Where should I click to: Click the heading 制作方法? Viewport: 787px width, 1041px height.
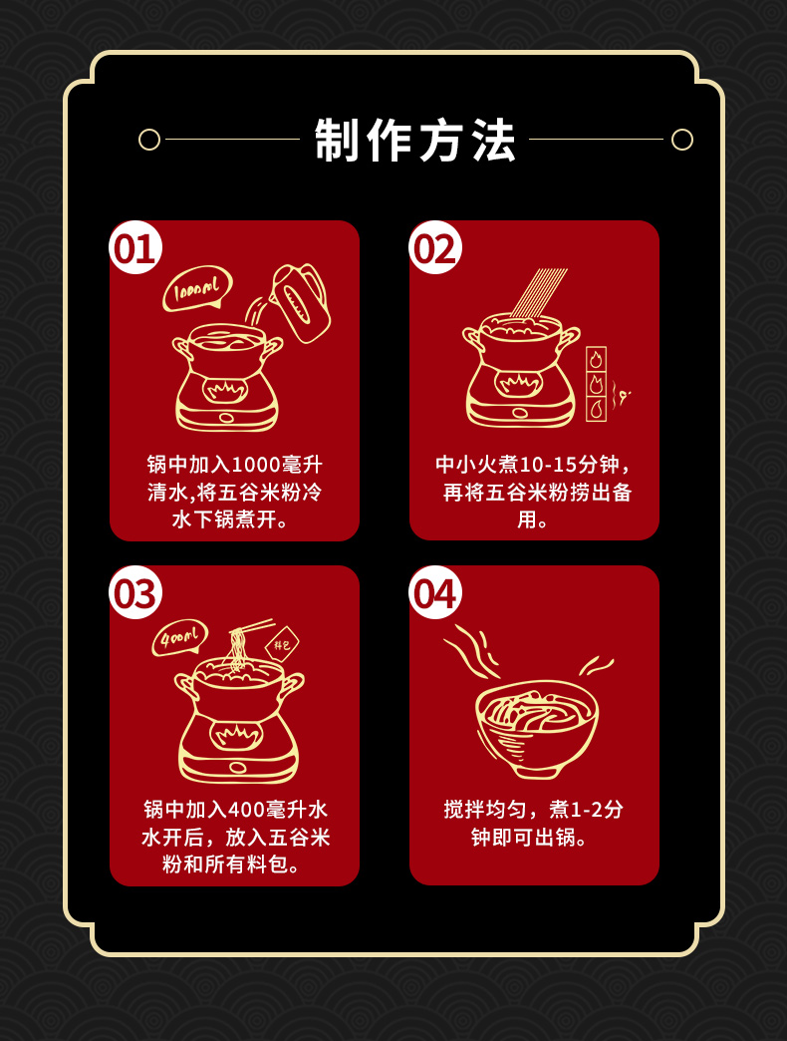[415, 140]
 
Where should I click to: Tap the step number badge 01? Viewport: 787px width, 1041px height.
[135, 247]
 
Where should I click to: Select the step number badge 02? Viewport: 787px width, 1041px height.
[435, 247]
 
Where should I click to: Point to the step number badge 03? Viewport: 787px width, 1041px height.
[135, 593]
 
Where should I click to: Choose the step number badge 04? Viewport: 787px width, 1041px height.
[435, 593]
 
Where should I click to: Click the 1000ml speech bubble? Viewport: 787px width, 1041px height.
[197, 289]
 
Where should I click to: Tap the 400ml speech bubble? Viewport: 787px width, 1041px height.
[179, 639]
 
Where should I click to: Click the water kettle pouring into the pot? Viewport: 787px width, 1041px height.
[300, 303]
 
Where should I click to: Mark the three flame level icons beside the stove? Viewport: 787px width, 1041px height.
[596, 384]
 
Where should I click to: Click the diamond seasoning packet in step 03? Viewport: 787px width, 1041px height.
[282, 644]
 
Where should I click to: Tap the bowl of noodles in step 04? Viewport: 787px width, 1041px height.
[537, 729]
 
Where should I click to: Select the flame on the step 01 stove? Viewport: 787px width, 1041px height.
[225, 390]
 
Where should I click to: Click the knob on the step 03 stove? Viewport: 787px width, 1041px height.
[238, 768]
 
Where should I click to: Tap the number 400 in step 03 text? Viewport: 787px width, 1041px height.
[247, 810]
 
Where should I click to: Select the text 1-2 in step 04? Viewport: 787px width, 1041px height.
[587, 810]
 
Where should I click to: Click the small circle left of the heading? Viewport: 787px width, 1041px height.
[149, 140]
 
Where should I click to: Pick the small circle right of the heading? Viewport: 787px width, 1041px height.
[682, 140]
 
